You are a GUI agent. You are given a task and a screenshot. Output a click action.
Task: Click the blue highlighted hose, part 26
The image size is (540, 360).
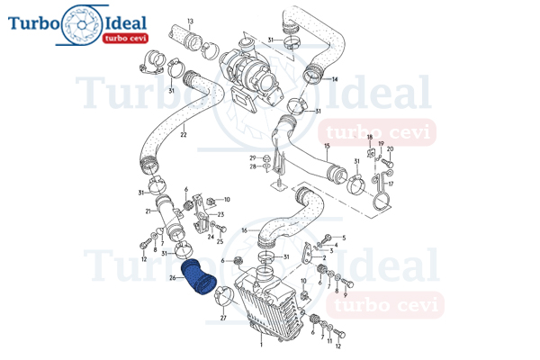pos(199,278)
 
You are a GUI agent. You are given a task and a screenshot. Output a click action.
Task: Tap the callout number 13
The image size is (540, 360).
pos(191,22)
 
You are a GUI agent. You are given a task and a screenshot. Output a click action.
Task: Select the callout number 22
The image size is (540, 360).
pos(184,135)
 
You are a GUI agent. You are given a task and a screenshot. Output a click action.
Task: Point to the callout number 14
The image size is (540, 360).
pos(335,79)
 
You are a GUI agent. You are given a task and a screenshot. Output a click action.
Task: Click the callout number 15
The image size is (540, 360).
pos(327,146)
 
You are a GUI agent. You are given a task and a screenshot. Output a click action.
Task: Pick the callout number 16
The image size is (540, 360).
pos(245,230)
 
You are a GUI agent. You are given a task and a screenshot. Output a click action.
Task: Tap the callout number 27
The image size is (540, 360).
pos(223,318)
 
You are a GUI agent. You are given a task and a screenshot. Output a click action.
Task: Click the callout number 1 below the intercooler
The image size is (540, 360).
pos(261,345)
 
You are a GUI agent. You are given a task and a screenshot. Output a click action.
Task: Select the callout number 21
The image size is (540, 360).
pos(148,211)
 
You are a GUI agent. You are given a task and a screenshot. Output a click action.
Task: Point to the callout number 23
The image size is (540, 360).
pos(220,214)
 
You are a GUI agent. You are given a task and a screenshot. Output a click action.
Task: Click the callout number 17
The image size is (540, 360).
pos(391,184)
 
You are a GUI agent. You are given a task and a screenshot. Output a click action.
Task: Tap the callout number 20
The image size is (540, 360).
pos(391,149)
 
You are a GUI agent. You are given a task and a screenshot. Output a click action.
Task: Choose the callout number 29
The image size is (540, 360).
pos(253,158)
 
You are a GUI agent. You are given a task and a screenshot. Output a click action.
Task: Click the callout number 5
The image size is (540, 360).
pos(344,238)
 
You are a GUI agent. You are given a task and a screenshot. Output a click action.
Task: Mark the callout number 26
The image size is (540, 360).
pos(173,278)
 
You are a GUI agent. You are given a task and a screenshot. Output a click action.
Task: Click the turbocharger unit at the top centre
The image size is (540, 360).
pos(250,74)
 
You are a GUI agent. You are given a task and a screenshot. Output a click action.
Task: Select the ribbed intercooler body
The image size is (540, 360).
pos(268,303)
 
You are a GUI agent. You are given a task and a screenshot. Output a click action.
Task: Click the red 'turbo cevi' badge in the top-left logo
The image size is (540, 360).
pos(125,38)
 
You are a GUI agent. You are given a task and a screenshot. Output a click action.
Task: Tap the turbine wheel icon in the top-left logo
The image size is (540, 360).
pos(82,25)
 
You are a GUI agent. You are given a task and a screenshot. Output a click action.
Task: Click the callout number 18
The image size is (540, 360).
pos(370,137)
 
